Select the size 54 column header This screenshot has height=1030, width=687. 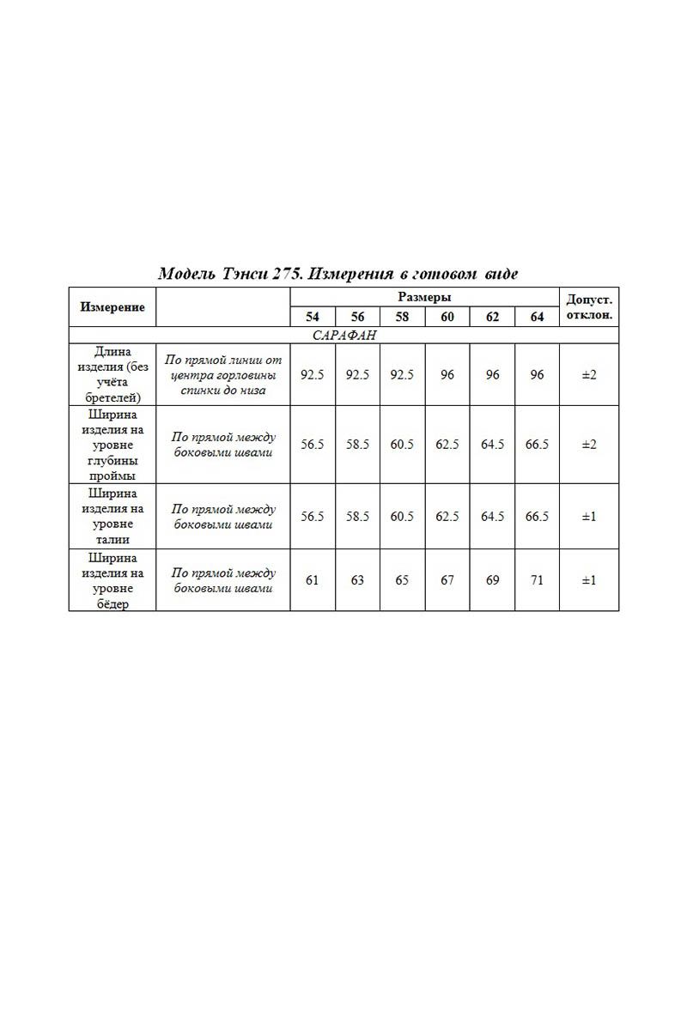coord(313,317)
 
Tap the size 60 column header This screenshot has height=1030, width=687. coord(447,317)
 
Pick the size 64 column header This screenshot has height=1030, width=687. coord(537,317)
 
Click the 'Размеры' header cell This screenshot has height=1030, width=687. coord(424,297)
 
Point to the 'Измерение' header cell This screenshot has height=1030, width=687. coord(112,306)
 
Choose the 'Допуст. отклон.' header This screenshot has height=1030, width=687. coord(588,306)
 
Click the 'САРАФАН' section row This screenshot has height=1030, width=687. coord(343,335)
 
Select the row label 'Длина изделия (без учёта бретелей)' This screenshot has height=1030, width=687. coord(112,374)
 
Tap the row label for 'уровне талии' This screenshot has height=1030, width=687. coord(112,516)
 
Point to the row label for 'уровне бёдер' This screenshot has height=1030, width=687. coord(112,580)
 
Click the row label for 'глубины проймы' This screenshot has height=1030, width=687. coord(112,445)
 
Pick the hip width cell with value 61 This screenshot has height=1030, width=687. coord(313,580)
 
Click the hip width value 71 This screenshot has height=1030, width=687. coord(537,580)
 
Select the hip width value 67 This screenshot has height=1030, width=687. coord(447,580)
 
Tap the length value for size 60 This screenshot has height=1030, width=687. coord(447,374)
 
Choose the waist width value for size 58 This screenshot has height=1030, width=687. coord(402,516)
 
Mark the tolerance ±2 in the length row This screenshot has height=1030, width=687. coord(588,374)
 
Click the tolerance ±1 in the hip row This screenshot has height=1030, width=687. coord(588,580)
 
